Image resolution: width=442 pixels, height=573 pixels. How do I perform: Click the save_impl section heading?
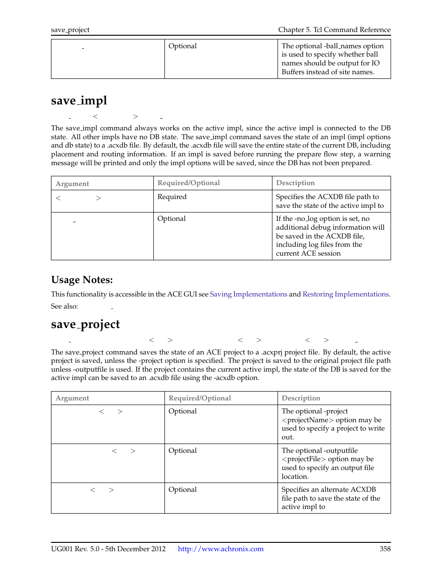pyautogui.click(x=79, y=101)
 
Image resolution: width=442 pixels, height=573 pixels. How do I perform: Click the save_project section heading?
pyautogui.click(x=85, y=324)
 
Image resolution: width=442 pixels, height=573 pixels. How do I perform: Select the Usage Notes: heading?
pyautogui.click(x=82, y=280)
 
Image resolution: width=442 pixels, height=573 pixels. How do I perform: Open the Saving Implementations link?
pyautogui.click(x=248, y=294)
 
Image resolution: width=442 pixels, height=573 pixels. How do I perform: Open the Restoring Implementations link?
pyautogui.click(x=345, y=294)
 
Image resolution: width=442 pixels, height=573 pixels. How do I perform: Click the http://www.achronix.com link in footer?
pyautogui.click(x=221, y=549)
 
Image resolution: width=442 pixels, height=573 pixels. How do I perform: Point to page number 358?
pyautogui.click(x=385, y=549)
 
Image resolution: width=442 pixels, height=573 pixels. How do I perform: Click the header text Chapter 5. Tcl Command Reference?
pyautogui.click(x=334, y=30)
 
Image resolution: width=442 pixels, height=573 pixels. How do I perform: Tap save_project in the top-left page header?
pyautogui.click(x=70, y=30)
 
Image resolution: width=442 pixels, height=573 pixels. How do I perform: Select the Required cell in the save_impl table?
pyautogui.click(x=172, y=197)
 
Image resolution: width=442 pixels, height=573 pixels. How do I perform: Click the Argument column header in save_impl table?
pyautogui.click(x=72, y=184)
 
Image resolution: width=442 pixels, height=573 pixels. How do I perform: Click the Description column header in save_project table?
pyautogui.click(x=301, y=398)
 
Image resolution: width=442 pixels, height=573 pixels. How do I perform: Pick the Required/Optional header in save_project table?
pyautogui.click(x=200, y=398)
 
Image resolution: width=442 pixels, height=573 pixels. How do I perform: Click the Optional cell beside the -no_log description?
pyautogui.click(x=171, y=219)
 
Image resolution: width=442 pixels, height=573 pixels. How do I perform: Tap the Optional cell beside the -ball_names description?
pyautogui.click(x=183, y=46)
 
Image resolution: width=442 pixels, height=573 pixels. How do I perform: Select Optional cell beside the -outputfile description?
pyautogui.click(x=183, y=451)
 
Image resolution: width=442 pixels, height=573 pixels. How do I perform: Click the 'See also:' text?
pyautogui.click(x=64, y=306)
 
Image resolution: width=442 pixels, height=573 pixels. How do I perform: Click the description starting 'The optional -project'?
pyautogui.click(x=333, y=424)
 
